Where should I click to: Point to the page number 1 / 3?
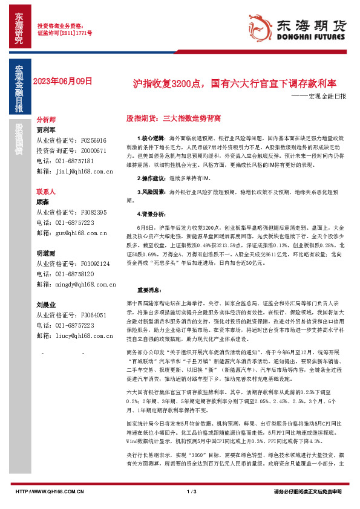pos(191,491)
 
